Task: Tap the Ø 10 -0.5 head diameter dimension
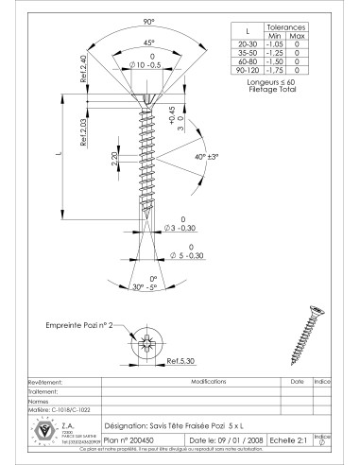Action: tap(151, 66)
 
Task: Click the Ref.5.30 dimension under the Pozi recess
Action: tap(181, 362)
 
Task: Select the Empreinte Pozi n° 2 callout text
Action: tap(77, 324)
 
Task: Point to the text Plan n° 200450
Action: tap(128, 439)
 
